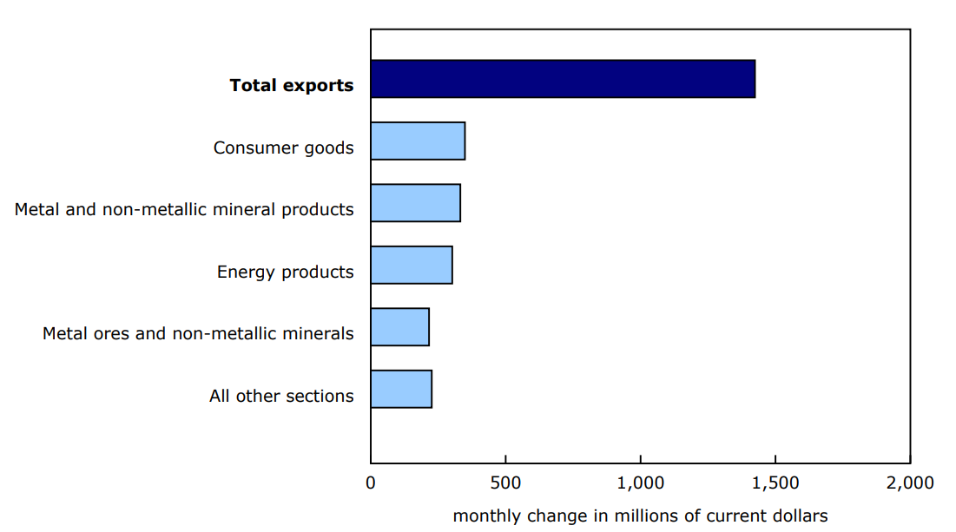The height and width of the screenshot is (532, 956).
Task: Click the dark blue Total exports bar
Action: pos(563,79)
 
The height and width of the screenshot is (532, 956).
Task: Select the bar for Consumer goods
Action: pos(418,141)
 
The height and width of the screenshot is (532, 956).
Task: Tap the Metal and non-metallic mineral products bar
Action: pos(415,203)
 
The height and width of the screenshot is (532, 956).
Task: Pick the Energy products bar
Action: pos(412,265)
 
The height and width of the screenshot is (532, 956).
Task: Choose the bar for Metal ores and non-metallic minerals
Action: pos(399,327)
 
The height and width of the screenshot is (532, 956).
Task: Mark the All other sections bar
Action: pos(401,389)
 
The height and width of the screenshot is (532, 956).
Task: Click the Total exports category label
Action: pos(292,85)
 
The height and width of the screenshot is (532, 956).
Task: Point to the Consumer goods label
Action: pos(284,148)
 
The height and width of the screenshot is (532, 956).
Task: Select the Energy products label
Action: pos(286,272)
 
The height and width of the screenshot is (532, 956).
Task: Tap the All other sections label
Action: pos(281,396)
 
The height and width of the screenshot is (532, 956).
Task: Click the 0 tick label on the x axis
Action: pos(372,483)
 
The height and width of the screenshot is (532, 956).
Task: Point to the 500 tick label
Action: pos(505,483)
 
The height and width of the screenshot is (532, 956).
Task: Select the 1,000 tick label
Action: pos(641,483)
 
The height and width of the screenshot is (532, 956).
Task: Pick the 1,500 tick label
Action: pos(775,483)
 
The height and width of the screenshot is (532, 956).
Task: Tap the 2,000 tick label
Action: pos(910,483)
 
